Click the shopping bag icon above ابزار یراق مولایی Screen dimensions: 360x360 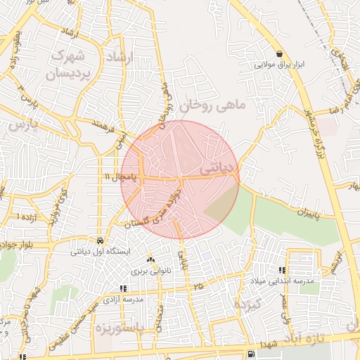click(280, 53)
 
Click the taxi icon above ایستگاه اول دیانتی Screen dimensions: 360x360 click(101, 239)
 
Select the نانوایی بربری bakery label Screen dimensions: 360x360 click(148, 271)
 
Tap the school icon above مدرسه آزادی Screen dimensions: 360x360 click(123, 288)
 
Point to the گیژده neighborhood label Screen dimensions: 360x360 click(246, 305)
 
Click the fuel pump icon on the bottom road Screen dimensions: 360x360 click(251, 353)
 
